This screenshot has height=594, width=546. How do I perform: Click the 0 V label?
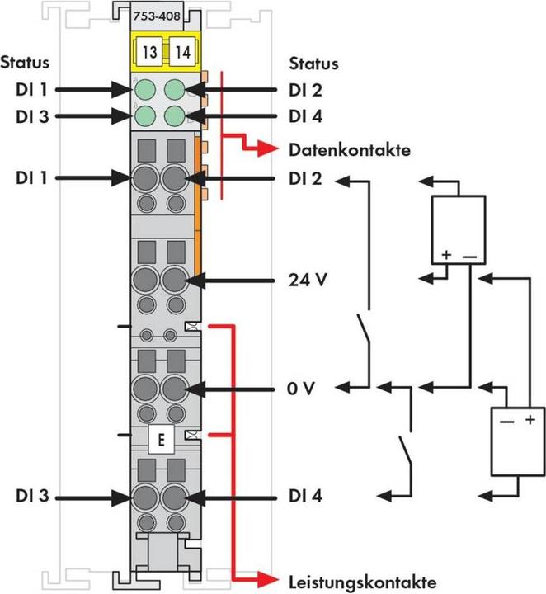click(303, 386)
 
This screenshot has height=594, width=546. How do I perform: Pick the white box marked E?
click(161, 438)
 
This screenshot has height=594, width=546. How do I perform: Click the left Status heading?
click(25, 63)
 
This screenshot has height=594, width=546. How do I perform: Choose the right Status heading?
click(313, 64)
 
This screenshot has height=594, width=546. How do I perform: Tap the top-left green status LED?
click(145, 89)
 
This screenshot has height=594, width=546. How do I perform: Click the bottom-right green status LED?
click(175, 115)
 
